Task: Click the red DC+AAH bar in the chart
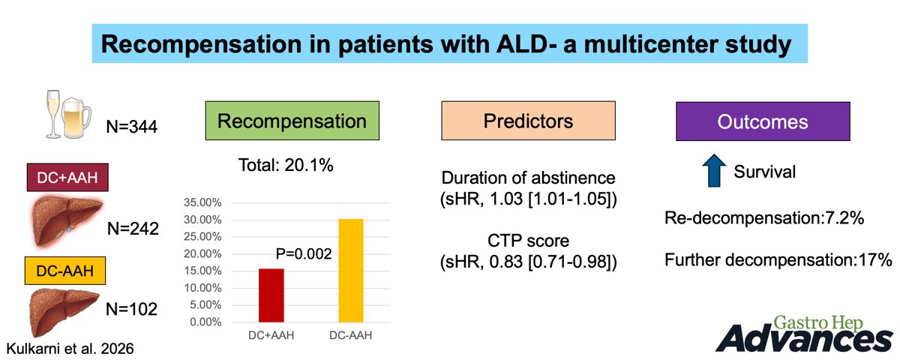271,295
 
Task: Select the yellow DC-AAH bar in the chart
351,271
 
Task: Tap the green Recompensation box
292,121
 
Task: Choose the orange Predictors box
528,121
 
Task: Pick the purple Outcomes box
763,121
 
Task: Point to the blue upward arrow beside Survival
714,170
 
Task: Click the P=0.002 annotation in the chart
304,254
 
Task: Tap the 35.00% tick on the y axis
202,202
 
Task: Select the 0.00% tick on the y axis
205,322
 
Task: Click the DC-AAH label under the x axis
351,335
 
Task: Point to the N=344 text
132,127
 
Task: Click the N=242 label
133,229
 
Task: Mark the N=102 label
131,309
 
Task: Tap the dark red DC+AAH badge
67,177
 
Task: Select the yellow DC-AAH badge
65,271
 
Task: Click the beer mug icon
76,118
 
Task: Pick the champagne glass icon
53,114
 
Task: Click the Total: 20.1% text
286,165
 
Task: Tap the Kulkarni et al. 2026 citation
70,349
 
